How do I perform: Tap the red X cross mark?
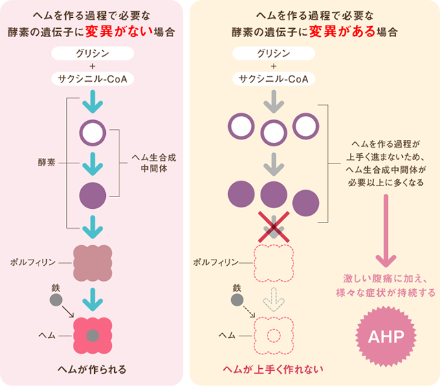[x=274, y=226]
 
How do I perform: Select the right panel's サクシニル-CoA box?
[x=273, y=79]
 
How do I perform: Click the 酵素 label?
[x=46, y=163]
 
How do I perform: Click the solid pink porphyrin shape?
[x=92, y=262]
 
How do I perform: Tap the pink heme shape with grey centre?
[x=92, y=334]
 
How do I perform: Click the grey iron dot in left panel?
[x=55, y=300]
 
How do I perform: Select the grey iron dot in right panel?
[x=237, y=300]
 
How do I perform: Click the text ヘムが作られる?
[x=92, y=370]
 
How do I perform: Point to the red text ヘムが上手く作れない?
[x=273, y=370]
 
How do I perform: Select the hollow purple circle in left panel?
[x=92, y=130]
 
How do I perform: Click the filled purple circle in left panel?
[x=92, y=196]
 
